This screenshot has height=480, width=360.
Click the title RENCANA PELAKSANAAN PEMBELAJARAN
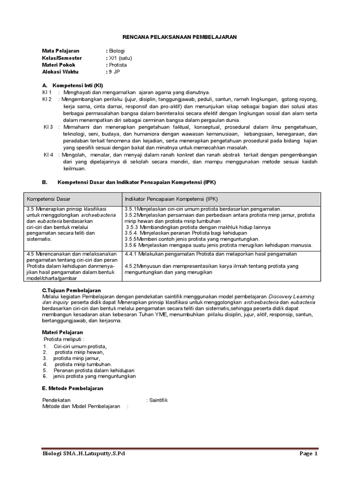[180, 37]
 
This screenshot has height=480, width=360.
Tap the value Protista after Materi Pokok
[117, 65]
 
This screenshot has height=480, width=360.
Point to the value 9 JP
[114, 72]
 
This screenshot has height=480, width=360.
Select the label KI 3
[48, 127]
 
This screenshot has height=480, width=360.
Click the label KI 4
[48, 155]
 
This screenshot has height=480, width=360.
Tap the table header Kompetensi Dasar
[48, 199]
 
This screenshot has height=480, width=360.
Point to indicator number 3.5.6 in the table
[133, 245]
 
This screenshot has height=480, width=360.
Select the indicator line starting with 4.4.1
[211, 254]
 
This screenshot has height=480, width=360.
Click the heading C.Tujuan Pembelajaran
[71, 291]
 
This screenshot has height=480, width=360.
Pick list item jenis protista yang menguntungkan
[94, 376]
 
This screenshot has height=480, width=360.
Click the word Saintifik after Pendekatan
[158, 400]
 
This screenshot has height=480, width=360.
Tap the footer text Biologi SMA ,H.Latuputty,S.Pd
[84, 454]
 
